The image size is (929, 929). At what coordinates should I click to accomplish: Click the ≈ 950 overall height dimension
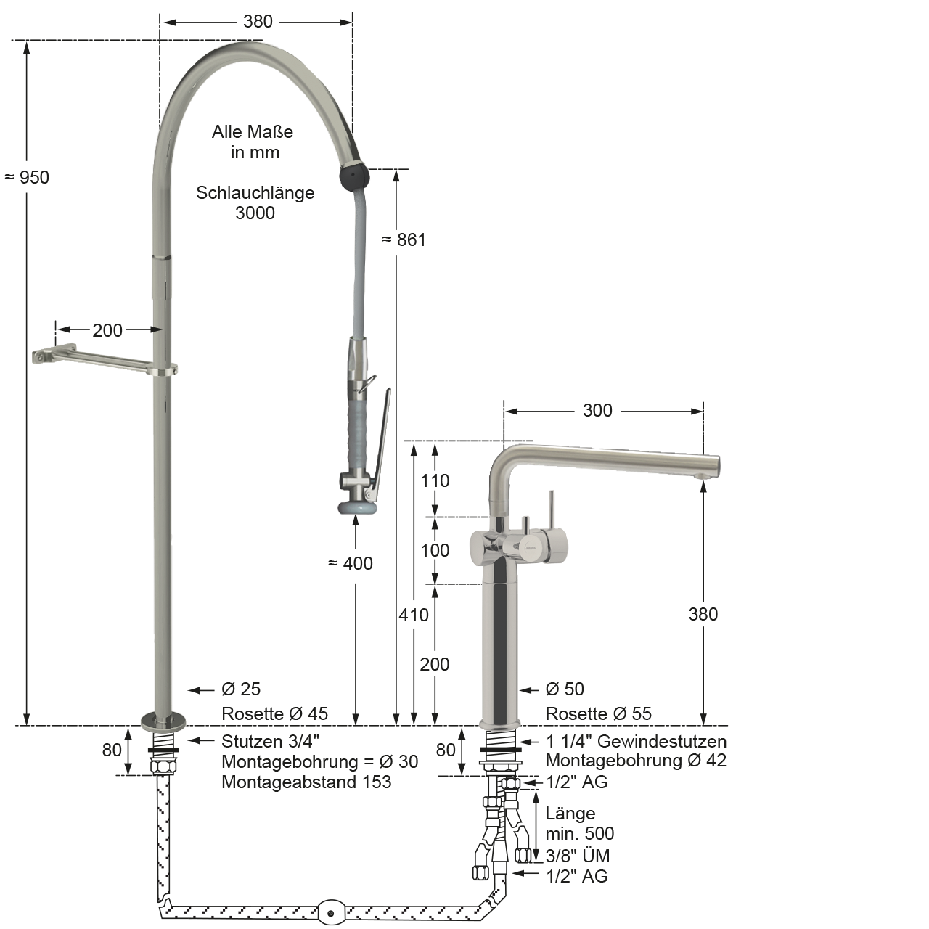point(27,177)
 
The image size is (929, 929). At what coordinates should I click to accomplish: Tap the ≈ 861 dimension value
point(404,240)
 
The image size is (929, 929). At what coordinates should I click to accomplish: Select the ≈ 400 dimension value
point(351,563)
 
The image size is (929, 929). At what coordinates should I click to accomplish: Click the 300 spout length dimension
point(597,410)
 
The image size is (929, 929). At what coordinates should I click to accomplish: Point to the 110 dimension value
point(435,480)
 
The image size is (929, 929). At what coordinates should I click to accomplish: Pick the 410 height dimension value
point(414,615)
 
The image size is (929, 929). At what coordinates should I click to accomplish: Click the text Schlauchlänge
point(255,193)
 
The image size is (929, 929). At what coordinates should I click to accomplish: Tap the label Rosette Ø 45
point(275,713)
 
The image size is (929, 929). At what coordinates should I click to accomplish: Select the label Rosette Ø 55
point(598,713)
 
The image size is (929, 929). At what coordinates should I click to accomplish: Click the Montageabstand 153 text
point(306,782)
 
